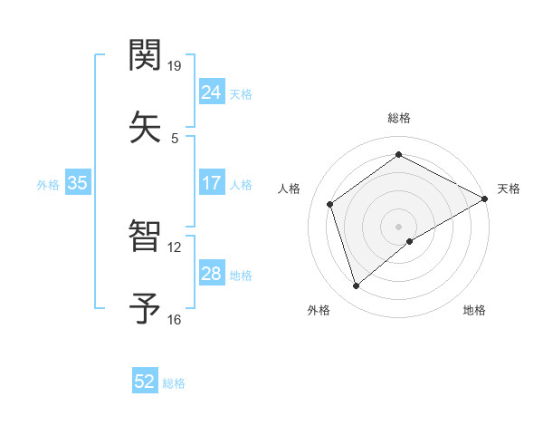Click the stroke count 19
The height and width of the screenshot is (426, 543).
coord(175,66)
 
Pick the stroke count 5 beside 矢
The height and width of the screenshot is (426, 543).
coord(175,138)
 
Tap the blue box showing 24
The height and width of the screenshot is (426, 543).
coord(211,92)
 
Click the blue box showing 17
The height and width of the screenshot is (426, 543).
coord(211,183)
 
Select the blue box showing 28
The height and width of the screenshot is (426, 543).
coord(211,274)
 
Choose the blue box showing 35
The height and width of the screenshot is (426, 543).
coord(77,183)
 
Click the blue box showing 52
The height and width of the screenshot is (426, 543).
coord(145,382)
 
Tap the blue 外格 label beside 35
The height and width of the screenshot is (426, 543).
coord(48,184)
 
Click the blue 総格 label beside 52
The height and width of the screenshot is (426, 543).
coord(174,383)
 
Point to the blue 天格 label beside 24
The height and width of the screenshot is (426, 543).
coord(240,93)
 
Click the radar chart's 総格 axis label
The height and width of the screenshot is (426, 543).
coord(399,118)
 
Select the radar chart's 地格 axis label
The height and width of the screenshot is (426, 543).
coord(474,310)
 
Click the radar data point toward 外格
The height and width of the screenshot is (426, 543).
coord(357,286)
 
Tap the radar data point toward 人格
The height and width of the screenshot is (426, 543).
coord(330,204)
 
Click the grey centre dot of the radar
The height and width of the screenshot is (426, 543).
coord(399,226)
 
